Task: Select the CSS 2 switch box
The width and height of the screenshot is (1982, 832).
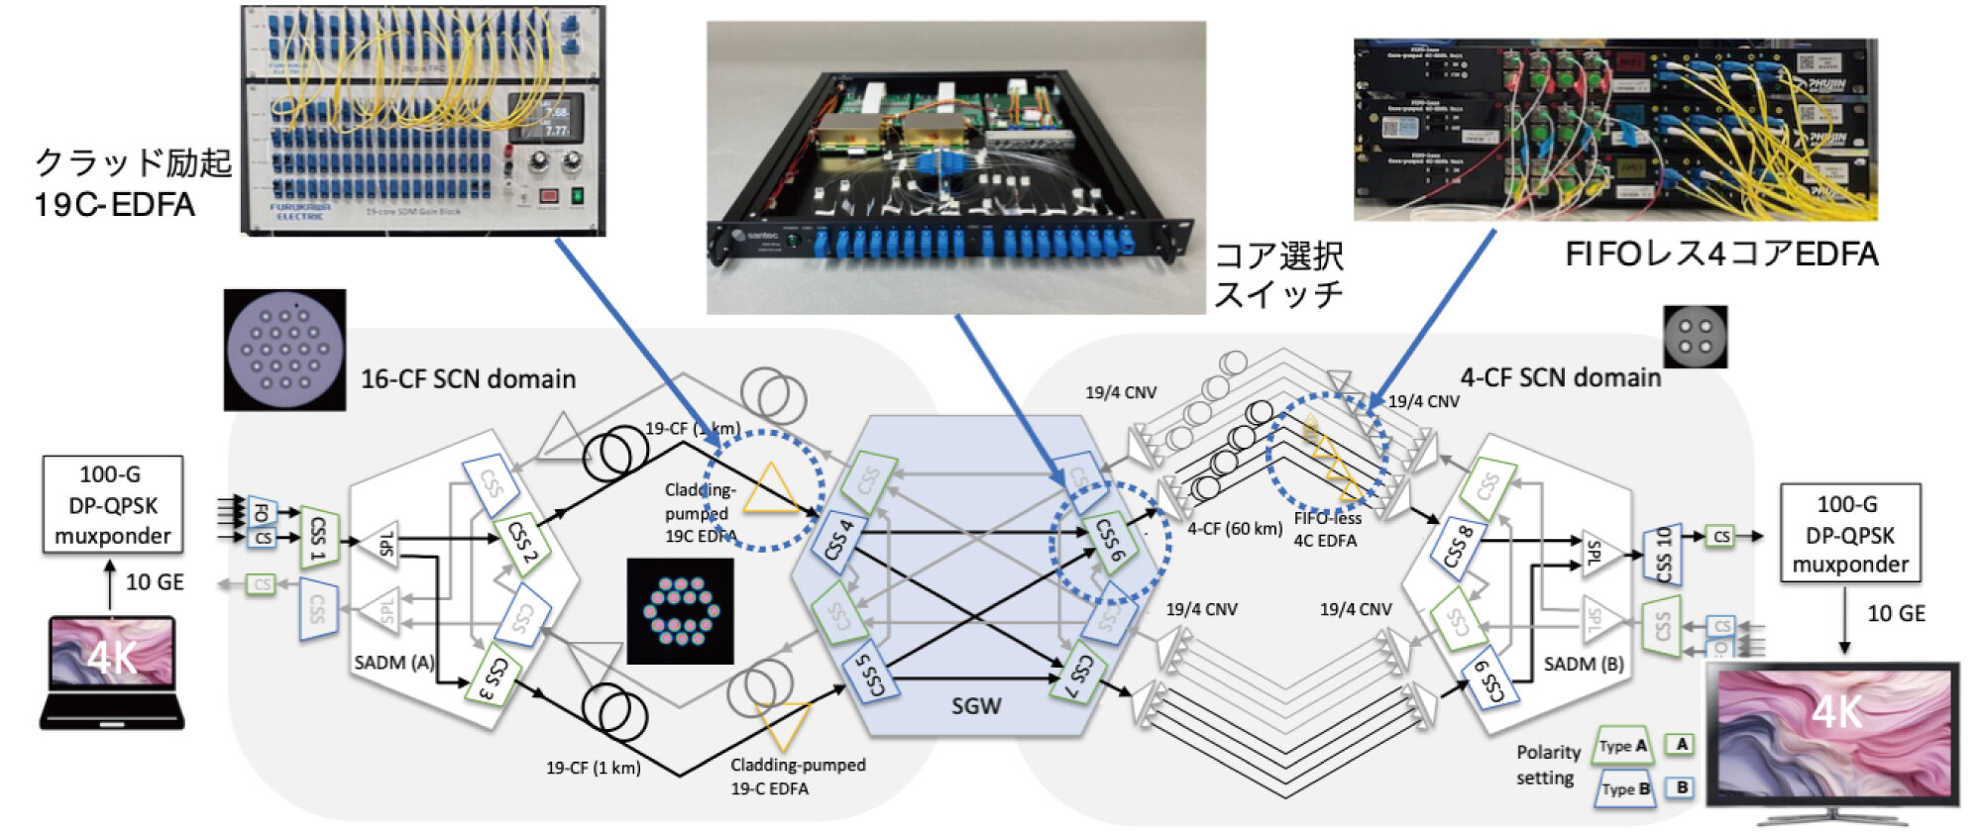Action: tap(522, 542)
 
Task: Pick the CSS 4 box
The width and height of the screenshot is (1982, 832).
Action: tap(838, 540)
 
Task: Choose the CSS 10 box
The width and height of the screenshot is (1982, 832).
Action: tap(1663, 555)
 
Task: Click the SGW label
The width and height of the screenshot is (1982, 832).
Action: tap(976, 706)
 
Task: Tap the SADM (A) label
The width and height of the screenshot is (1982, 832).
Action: tap(393, 663)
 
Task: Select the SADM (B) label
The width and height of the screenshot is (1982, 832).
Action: tap(1584, 664)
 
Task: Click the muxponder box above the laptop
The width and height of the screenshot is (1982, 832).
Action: tap(112, 505)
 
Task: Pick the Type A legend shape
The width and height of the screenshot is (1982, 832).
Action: tap(1623, 746)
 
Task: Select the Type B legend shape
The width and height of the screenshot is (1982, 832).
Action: tap(1625, 789)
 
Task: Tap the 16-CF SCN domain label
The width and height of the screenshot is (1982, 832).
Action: tap(468, 379)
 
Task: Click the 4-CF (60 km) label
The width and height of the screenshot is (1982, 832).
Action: tap(1235, 529)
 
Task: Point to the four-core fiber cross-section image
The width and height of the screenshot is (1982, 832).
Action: tap(1695, 337)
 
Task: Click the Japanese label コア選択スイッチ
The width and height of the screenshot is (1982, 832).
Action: tap(1278, 275)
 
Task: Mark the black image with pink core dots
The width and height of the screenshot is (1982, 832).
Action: tap(681, 611)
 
